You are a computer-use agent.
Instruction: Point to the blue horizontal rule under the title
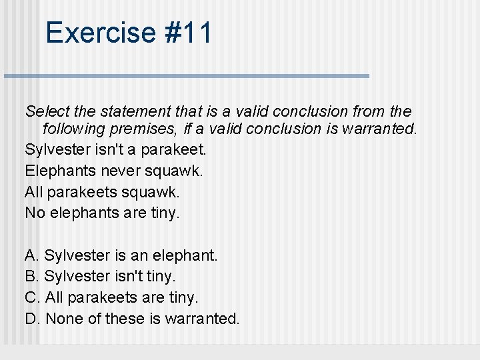[x=186, y=76]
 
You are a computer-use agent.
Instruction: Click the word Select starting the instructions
[x=46, y=111]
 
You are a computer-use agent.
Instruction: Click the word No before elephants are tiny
[x=33, y=213]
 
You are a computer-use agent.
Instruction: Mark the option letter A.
[x=31, y=255]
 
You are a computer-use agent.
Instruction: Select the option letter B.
[x=31, y=276]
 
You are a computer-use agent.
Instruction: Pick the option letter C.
[x=32, y=297]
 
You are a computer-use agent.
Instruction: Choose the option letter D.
[x=32, y=319]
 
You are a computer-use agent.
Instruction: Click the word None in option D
[x=64, y=319]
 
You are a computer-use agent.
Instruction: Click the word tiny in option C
[x=183, y=297]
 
